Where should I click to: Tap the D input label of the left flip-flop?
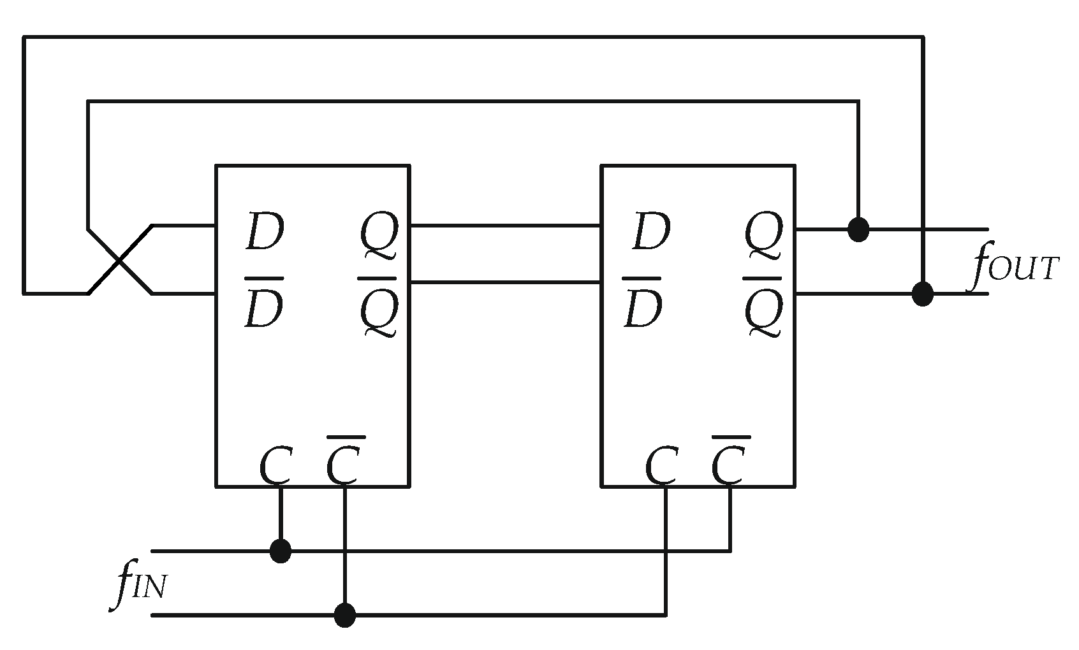(x=264, y=234)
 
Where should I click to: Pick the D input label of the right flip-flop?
(x=650, y=234)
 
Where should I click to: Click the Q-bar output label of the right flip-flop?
(x=763, y=309)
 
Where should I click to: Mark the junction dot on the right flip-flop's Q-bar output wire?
(x=922, y=294)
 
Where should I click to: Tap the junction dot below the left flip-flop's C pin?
(x=281, y=551)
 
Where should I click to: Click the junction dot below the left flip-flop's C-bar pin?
(x=344, y=615)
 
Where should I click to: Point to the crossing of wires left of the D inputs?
(x=120, y=260)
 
